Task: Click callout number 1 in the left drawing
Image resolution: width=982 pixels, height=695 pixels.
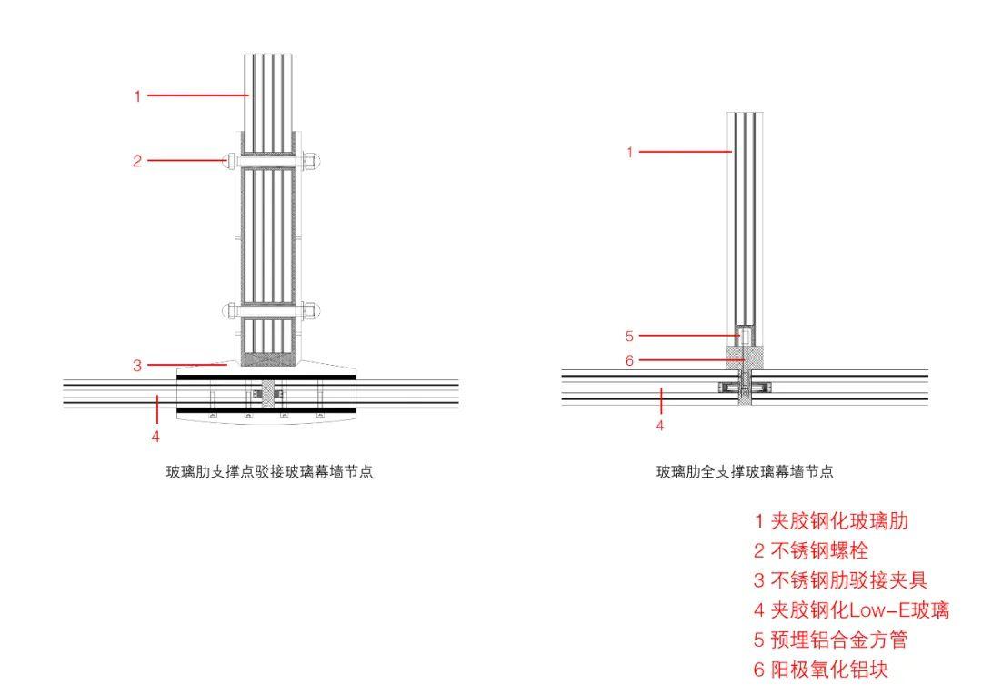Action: tap(137, 96)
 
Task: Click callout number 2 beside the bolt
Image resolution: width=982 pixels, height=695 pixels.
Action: tap(137, 161)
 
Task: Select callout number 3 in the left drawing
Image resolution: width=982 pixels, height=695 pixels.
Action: tap(137, 366)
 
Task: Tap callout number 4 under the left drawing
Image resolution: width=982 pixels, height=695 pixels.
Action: tap(155, 436)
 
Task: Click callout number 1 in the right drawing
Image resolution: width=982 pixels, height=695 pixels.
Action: tap(629, 152)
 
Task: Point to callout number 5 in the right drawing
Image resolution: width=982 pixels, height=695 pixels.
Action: tap(629, 336)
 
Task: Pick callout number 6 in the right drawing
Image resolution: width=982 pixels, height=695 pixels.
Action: tap(629, 360)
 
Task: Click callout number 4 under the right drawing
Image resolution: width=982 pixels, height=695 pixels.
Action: tap(661, 425)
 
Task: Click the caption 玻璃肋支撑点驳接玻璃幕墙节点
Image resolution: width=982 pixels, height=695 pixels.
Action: tap(269, 472)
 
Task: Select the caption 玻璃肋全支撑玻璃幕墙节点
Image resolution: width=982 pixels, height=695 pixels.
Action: tap(746, 472)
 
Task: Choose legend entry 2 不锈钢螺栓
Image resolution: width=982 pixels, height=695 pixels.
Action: tap(811, 550)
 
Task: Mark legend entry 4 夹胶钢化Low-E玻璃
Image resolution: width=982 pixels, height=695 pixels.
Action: tap(851, 610)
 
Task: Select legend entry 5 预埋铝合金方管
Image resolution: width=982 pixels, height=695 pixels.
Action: tap(831, 640)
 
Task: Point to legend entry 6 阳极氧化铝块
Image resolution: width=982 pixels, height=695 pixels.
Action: tap(821, 670)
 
